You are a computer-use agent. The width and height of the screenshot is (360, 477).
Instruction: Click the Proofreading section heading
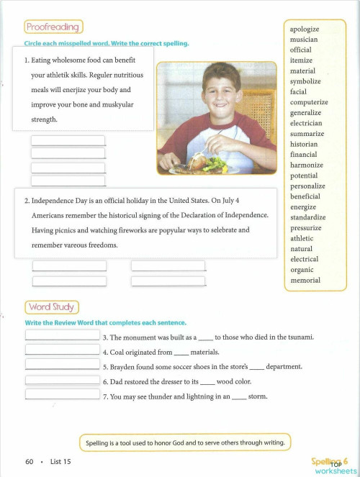click(54, 27)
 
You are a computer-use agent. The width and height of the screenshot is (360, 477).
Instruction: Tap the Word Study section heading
click(52, 307)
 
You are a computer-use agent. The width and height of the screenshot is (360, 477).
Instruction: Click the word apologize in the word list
click(304, 29)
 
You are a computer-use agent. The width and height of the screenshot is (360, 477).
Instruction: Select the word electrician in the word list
click(306, 124)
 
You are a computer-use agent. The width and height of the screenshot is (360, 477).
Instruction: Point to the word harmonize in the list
click(306, 165)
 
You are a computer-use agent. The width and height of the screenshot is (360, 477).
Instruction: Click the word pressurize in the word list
click(306, 228)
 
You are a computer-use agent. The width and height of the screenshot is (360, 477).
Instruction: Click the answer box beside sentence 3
click(63, 335)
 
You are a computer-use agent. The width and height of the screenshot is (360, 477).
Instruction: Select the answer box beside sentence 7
click(63, 394)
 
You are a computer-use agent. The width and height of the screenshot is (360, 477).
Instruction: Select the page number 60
click(30, 461)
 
